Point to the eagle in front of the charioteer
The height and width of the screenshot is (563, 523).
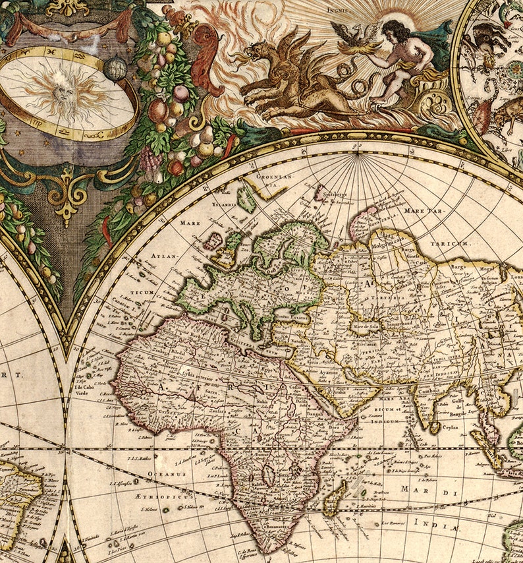349,35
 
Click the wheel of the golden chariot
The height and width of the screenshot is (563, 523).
431,102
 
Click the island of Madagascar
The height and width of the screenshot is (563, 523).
335,496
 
